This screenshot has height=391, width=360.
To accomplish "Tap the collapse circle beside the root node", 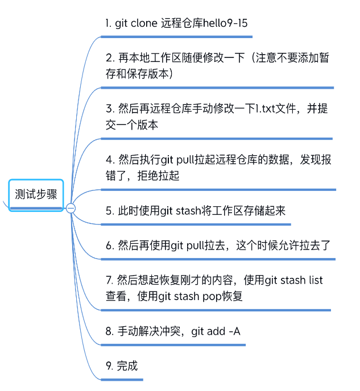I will (x=71, y=209).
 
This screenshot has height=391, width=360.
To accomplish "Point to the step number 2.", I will (x=109, y=58).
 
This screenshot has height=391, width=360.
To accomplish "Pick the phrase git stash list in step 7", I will (x=294, y=280).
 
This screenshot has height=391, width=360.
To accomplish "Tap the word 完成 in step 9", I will (x=127, y=365).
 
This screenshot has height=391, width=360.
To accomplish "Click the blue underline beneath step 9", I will (x=122, y=379).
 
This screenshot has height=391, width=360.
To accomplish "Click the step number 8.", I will (x=109, y=331).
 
